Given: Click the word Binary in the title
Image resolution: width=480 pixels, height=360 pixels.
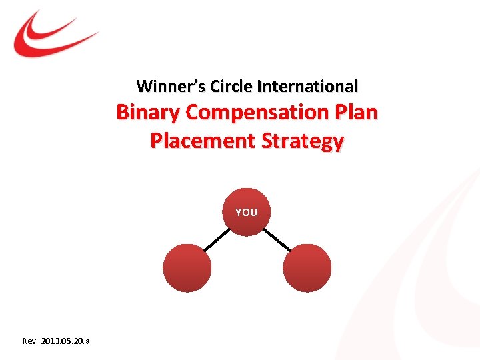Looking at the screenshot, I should (x=148, y=112).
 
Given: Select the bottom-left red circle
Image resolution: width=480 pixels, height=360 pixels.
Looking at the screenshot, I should (x=187, y=267).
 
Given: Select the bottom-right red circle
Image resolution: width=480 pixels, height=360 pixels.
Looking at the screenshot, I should (x=307, y=267).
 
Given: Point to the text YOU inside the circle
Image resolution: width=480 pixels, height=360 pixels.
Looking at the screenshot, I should (x=246, y=212).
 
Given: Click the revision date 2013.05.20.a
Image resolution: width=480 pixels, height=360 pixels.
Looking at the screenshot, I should (x=66, y=341).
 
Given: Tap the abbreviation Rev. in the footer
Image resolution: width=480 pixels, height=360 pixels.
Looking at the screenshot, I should (x=30, y=341).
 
